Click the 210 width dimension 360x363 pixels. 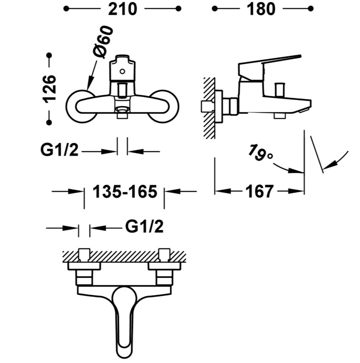(123, 9)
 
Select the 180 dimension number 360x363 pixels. (261, 9)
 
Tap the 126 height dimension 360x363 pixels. (49, 89)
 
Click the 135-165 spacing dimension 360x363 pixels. (125, 192)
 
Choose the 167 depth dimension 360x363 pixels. (260, 192)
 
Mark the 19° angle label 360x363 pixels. (260, 153)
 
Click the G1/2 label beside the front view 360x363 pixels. (59, 150)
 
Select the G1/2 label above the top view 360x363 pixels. (144, 226)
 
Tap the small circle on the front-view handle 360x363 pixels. (122, 71)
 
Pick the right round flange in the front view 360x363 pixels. (164, 106)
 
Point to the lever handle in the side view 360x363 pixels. (269, 68)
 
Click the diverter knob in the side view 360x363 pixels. (279, 90)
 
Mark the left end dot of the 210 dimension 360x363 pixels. (66, 9)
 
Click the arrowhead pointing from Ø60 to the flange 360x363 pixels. (90, 83)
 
